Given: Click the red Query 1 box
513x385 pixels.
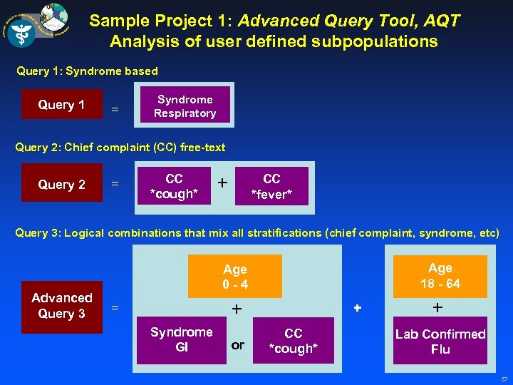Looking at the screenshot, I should point(62,105).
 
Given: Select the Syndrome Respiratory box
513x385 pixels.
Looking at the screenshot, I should point(185,106).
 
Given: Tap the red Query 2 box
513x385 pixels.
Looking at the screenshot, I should point(62,184).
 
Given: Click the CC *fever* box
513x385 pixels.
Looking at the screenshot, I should point(271,186).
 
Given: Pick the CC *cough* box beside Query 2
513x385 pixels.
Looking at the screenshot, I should point(174,186).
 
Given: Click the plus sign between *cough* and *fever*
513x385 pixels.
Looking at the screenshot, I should point(223,183).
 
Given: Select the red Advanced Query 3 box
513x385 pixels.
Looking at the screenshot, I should point(62,307).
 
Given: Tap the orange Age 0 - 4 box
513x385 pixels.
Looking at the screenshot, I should point(234,277).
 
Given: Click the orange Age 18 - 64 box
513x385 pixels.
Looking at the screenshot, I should point(440,276).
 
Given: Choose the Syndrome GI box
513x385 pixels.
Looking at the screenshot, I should point(181,339).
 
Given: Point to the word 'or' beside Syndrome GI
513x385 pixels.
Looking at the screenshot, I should point(238,345).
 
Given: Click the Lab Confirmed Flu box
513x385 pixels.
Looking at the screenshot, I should point(440,341).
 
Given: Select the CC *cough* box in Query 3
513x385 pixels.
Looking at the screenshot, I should point(293,341).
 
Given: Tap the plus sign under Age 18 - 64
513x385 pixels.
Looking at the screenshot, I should point(437,307).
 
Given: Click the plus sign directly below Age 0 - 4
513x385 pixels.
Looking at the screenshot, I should point(236,308).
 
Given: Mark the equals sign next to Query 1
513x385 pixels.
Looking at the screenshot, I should point(114,110).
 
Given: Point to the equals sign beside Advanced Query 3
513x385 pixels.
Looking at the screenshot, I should point(114,308).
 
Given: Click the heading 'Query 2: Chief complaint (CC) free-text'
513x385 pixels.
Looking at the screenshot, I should point(120,148).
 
